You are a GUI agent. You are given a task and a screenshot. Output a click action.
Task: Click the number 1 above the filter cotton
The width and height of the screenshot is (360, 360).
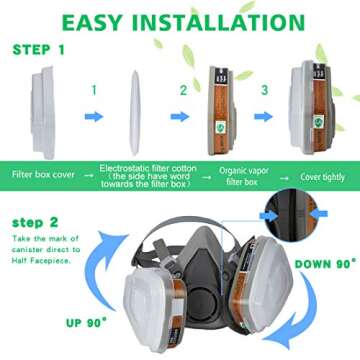[93, 90]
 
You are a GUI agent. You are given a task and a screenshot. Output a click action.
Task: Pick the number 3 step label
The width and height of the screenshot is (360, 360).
[265, 90]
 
